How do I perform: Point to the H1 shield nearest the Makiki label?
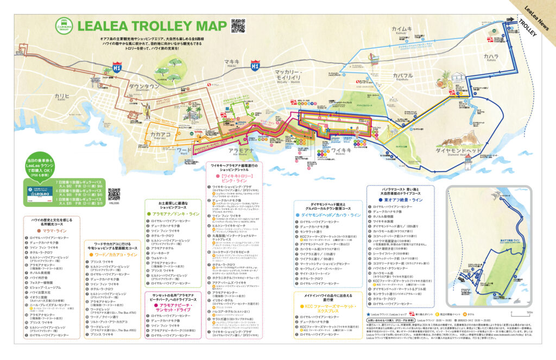(x=255, y=66)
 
